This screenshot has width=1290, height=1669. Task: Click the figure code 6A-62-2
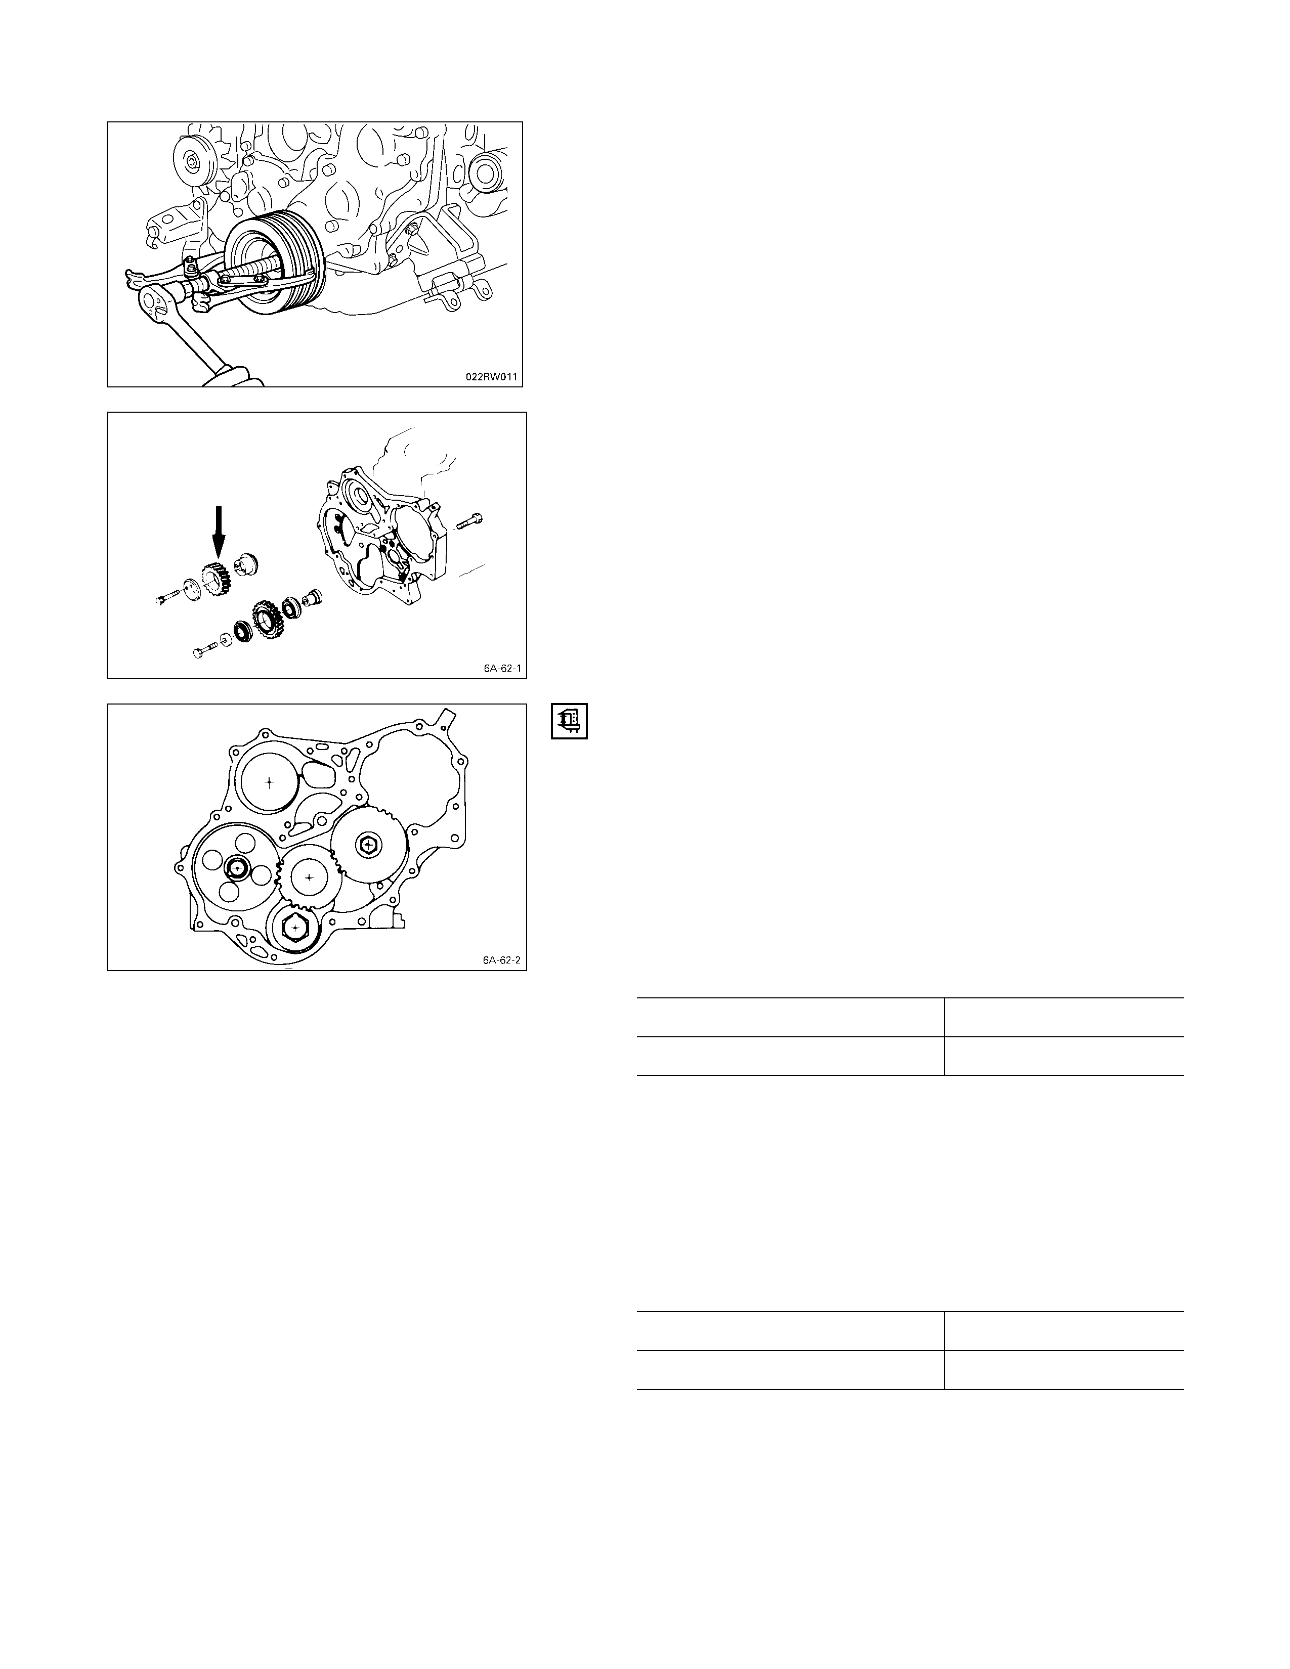[501, 960]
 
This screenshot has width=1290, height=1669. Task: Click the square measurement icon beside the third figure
[569, 721]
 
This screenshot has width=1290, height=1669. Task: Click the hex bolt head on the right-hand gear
[369, 845]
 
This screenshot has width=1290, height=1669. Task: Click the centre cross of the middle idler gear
[309, 878]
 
